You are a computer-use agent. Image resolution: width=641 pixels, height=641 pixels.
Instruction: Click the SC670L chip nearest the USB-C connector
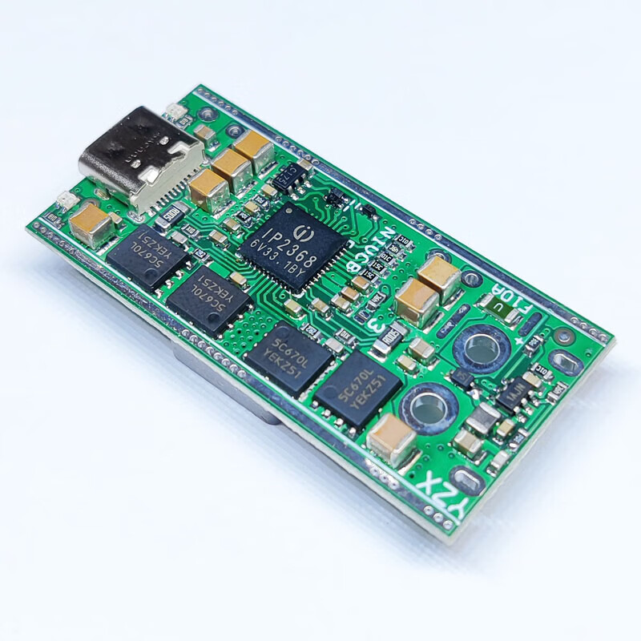pyautogui.click(x=145, y=252)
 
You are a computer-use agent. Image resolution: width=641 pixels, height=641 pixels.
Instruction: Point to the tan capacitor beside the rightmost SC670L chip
pyautogui.click(x=393, y=437)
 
